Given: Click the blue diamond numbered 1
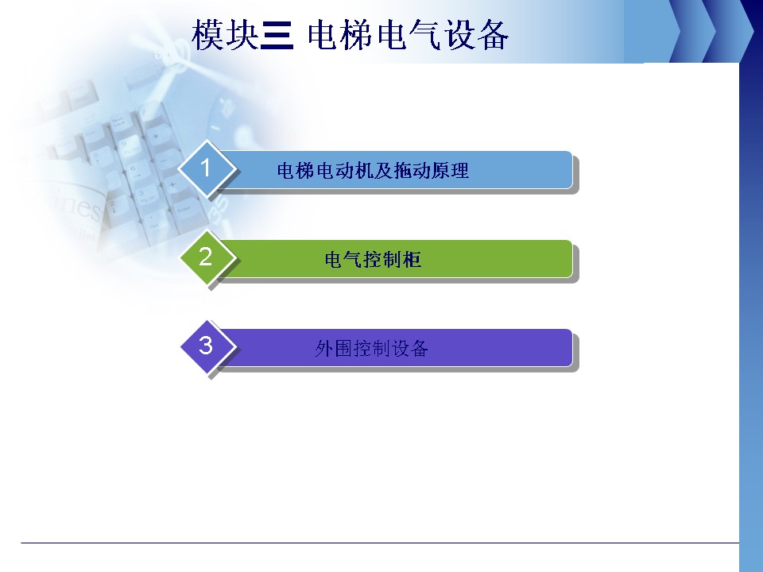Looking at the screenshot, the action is (x=207, y=168).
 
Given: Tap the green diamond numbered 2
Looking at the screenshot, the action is (x=207, y=257).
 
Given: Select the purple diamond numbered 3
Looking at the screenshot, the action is (x=207, y=346).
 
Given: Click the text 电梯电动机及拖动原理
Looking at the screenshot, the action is (x=373, y=171).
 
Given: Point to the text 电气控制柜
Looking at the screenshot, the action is (x=373, y=259).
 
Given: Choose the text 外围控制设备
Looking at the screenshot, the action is (x=371, y=348).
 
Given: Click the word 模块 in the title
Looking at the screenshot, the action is (x=224, y=35).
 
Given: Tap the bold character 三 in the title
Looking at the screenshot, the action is (x=277, y=36).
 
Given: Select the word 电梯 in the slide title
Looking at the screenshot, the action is (x=340, y=35).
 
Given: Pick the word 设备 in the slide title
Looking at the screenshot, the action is (x=476, y=35).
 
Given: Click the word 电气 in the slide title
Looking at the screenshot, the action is (x=409, y=35).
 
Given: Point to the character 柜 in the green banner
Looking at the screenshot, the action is (x=412, y=259).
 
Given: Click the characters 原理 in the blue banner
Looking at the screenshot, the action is (x=451, y=171).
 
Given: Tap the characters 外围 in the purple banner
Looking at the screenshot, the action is (x=333, y=348).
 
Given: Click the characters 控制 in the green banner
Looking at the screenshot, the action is (x=373, y=259).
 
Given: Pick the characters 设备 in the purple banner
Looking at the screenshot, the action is (x=410, y=348).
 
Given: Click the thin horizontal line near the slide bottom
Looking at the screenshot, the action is (x=380, y=543).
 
